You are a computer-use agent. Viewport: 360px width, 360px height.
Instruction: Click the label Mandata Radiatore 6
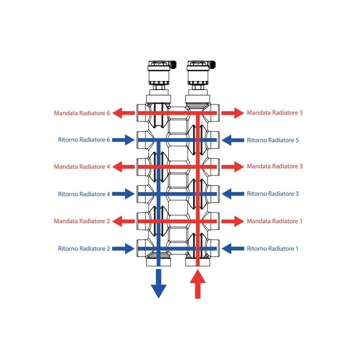pos(81,113)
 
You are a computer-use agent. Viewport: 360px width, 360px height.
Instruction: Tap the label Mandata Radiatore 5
pos(274,113)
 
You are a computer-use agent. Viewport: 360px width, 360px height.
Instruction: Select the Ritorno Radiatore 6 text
pos(84,140)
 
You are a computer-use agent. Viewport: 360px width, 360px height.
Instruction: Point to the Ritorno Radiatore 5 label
pos(273,140)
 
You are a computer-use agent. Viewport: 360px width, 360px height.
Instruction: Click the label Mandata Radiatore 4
pos(81,167)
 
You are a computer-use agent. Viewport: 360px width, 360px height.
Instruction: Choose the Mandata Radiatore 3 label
pos(274,166)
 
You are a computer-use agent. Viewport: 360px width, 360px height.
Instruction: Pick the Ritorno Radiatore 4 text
pos(84,194)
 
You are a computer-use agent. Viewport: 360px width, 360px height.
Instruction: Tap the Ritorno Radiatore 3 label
pos(273,194)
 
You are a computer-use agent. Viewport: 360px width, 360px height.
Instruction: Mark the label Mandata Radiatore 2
pos(81,221)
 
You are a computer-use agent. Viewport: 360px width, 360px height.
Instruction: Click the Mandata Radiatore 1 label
pos(274,221)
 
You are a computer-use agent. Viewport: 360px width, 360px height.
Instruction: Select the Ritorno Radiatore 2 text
pos(84,248)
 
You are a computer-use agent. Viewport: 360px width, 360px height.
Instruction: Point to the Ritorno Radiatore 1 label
pos(273,248)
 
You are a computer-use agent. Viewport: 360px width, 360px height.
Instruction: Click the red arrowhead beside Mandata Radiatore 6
pos(118,113)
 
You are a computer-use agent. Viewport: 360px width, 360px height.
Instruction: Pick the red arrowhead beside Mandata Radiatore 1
pos(238,221)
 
